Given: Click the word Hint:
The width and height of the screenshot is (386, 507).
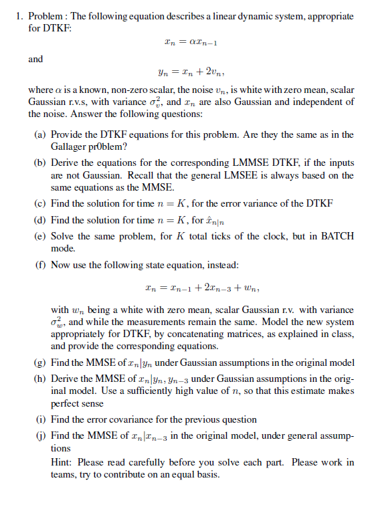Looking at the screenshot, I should [62, 462].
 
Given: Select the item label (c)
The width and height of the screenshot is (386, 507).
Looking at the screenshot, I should [41, 203].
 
